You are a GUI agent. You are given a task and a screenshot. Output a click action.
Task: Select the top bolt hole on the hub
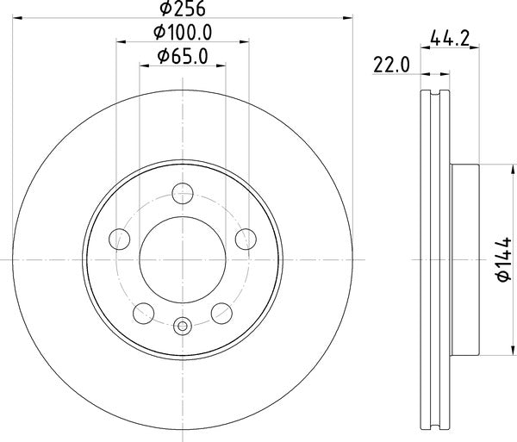coord(182,192)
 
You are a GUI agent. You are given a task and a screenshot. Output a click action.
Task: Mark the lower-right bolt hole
coord(221,313)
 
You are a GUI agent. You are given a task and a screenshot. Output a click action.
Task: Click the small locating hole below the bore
coord(182,326)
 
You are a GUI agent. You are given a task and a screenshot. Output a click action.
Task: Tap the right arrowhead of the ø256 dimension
coord(349,16)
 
